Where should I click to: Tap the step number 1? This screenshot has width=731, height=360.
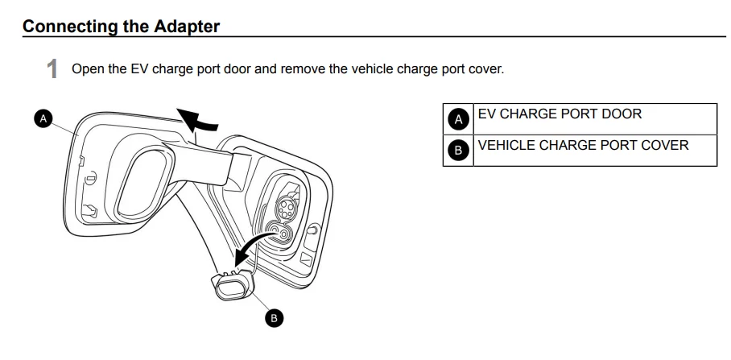(x=52, y=69)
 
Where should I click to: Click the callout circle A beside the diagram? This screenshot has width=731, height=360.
(x=43, y=118)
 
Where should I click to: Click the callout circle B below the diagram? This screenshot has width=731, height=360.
(x=274, y=318)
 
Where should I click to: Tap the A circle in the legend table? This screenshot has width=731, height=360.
(x=458, y=119)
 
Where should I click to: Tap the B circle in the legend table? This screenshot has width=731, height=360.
(x=458, y=150)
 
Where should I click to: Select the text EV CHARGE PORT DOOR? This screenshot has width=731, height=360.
(x=560, y=114)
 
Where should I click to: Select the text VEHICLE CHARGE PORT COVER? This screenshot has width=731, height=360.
(x=583, y=146)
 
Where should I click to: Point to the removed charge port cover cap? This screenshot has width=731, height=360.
(x=232, y=285)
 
